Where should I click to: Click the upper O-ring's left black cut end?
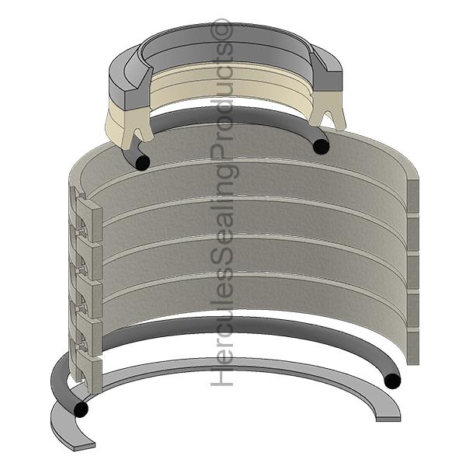[x=142, y=162]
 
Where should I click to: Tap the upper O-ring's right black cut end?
[x=321, y=147]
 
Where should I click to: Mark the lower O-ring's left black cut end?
[x=81, y=409]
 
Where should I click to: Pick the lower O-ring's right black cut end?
[x=392, y=381]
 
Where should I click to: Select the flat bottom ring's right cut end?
[x=388, y=419]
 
